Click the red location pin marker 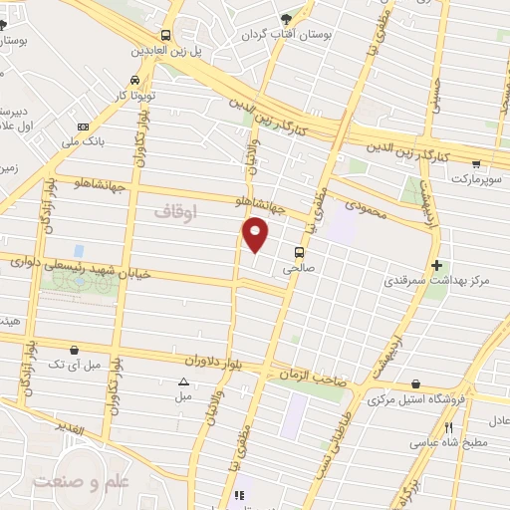(x=257, y=235)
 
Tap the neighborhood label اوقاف (x=177, y=212)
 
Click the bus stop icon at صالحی (x=299, y=251)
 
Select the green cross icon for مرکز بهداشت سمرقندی (x=437, y=265)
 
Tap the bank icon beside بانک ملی (x=82, y=127)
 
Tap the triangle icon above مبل (x=182, y=382)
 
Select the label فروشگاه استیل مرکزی (x=410, y=400)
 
